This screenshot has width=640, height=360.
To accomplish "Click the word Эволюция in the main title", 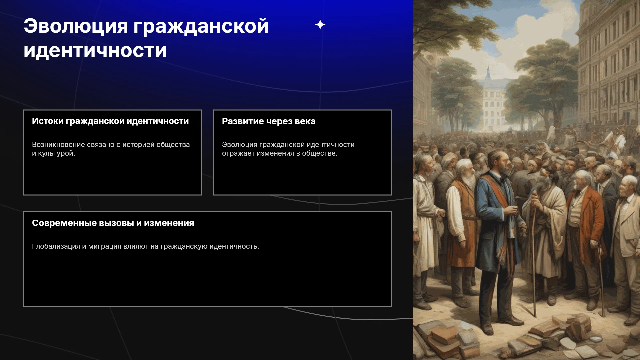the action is [x=76, y=26].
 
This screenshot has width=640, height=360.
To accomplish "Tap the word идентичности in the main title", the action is [x=95, y=51].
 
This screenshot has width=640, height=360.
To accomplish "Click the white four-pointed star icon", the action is [x=320, y=25].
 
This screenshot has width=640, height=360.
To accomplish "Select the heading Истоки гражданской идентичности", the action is [x=110, y=121].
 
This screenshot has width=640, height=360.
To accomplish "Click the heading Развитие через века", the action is [x=269, y=121].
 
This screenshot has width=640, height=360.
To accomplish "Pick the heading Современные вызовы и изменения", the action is [x=113, y=223].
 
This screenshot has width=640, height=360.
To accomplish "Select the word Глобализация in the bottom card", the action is [x=56, y=246].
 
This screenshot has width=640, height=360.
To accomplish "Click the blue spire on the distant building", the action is [x=488, y=73].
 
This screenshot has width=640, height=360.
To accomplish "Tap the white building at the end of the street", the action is [x=493, y=103].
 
